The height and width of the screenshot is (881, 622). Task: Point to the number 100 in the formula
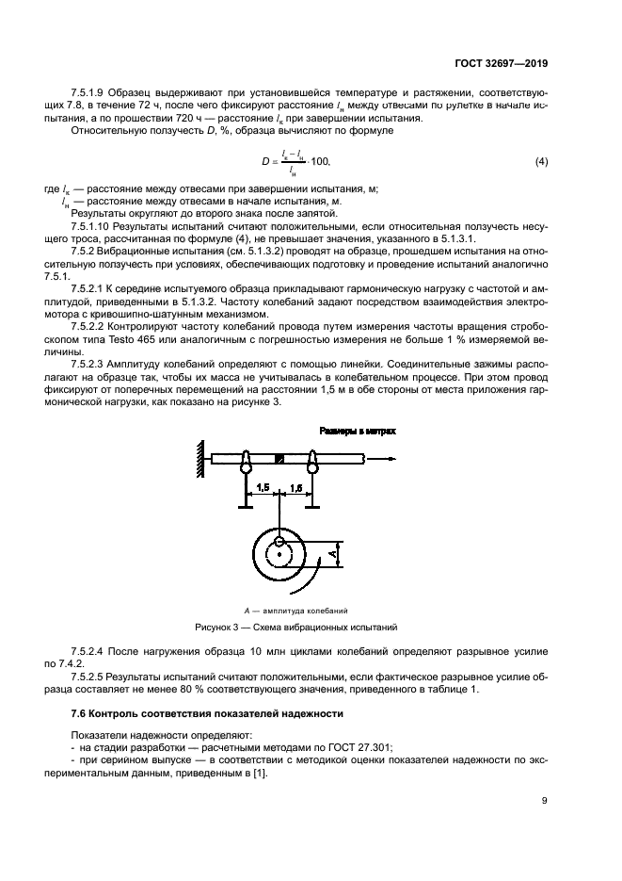321,164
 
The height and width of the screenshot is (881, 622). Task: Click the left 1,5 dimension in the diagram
263,487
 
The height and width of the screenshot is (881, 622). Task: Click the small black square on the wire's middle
279,459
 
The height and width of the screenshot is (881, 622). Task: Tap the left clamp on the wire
246,462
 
